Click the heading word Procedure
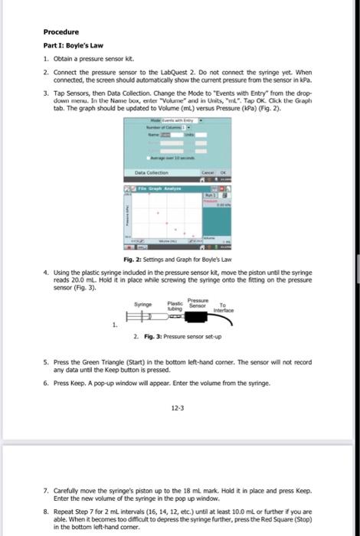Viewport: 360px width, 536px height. tap(61, 33)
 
